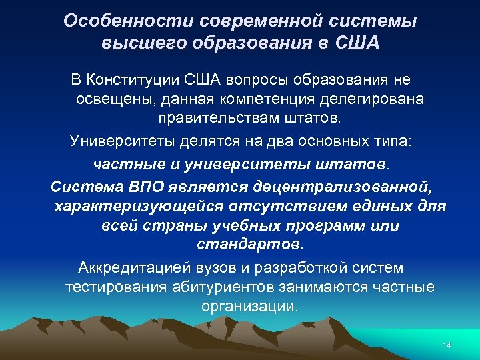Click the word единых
pos(382,205)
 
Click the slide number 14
pos(447,345)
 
